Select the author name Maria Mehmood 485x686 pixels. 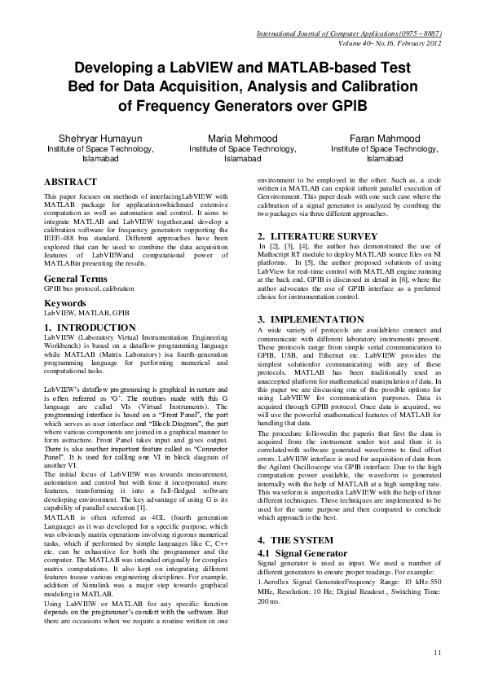(x=242, y=139)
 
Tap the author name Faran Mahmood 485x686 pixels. (x=381, y=139)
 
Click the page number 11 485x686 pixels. (x=437, y=652)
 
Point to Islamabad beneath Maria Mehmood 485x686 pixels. (x=242, y=159)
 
